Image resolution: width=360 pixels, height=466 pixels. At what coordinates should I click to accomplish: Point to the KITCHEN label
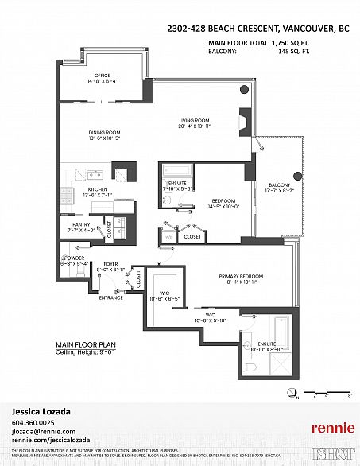click(x=98, y=188)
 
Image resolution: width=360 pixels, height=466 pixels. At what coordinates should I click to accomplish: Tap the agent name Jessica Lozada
click(x=42, y=411)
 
